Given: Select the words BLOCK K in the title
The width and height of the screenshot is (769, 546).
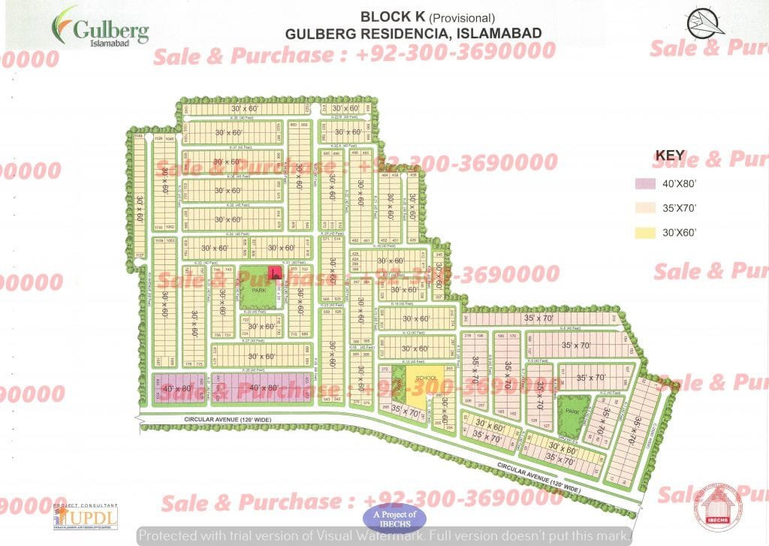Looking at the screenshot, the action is pos(389,17).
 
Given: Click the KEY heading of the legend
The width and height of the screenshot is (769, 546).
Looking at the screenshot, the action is pos(670,155).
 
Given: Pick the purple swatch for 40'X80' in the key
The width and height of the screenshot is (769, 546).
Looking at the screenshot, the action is pos(644,183).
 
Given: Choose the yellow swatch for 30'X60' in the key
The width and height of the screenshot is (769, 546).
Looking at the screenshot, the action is pos(644,232).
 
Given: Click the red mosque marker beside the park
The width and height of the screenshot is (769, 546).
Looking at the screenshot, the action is pos(276,273).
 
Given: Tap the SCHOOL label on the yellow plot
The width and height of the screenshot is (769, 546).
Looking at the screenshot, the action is pos(426,378).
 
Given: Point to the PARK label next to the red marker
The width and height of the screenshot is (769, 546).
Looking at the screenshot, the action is pos(260,290).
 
